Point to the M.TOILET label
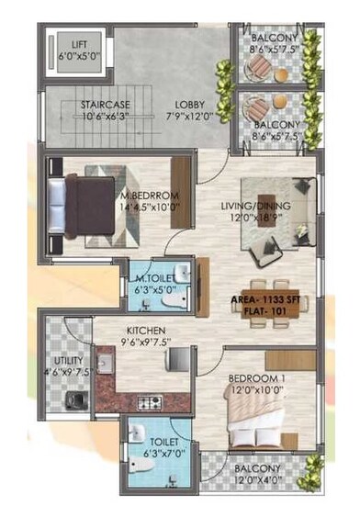click(153, 278)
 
